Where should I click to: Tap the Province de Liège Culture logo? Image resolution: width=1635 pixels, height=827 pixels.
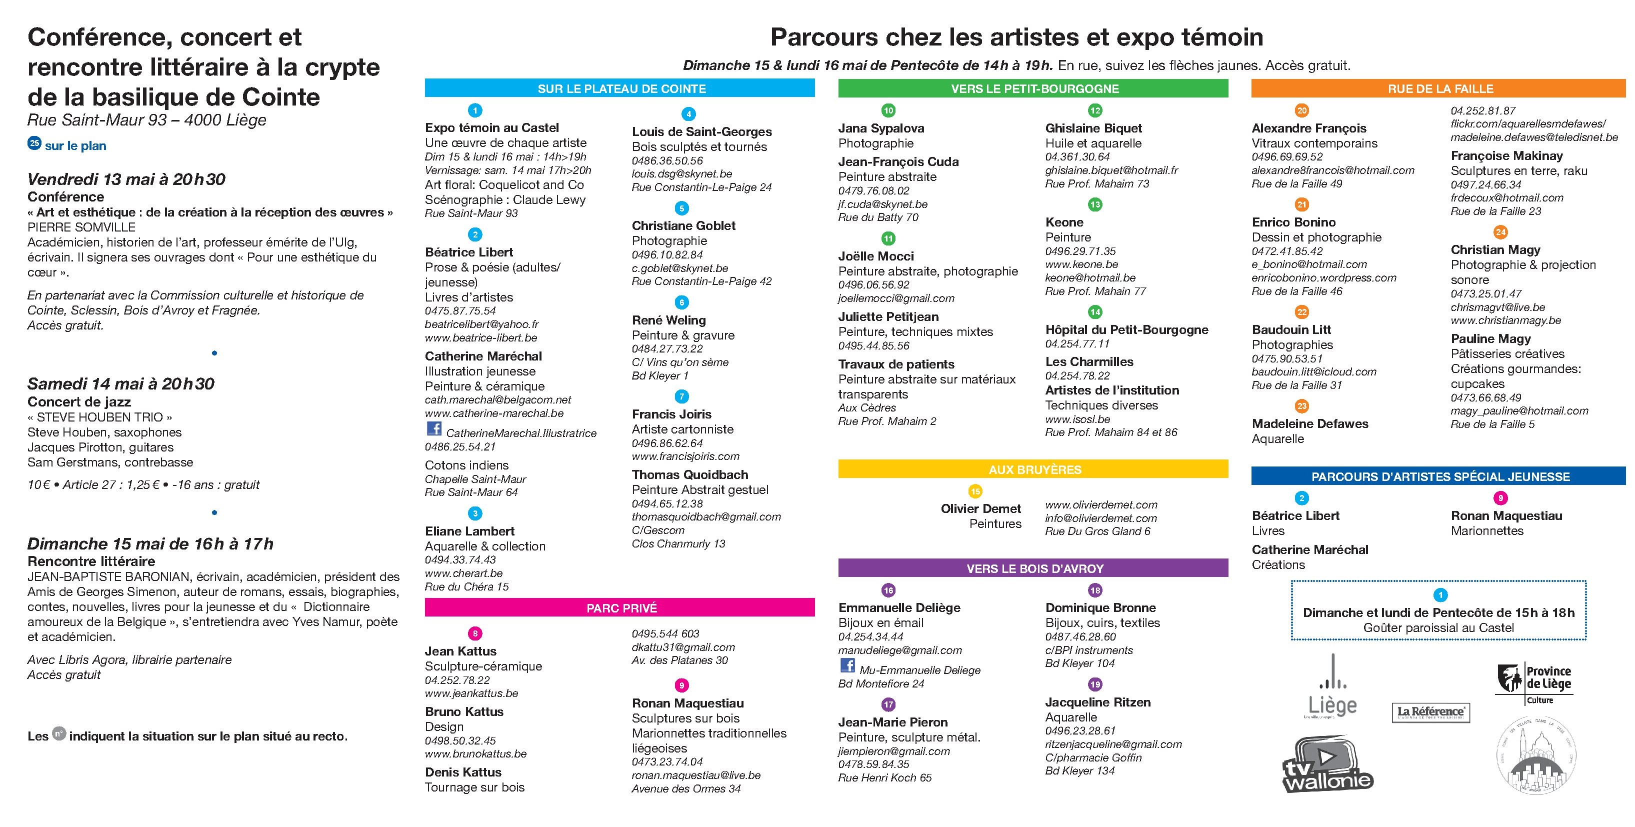1534,683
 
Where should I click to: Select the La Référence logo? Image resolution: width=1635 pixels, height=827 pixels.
1430,711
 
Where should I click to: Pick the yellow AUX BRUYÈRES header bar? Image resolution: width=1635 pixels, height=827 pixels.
1032,469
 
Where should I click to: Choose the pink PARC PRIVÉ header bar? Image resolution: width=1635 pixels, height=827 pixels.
619,608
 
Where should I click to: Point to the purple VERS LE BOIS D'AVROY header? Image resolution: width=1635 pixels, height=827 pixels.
1032,568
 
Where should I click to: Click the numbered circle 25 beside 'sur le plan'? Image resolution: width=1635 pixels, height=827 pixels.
34,143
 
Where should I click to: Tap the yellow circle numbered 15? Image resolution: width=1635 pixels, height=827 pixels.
975,491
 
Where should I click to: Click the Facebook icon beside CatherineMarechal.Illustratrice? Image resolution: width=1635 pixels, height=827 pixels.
434,429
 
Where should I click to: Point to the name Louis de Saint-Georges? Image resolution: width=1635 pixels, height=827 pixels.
701,132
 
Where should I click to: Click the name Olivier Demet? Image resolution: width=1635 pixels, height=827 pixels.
980,509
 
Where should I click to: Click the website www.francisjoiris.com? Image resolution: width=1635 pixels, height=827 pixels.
685,456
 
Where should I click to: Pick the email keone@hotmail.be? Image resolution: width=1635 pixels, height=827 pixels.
1090,278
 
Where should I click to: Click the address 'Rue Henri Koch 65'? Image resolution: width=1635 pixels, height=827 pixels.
885,778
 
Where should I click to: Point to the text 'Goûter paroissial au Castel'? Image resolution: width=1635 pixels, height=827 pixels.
1438,627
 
